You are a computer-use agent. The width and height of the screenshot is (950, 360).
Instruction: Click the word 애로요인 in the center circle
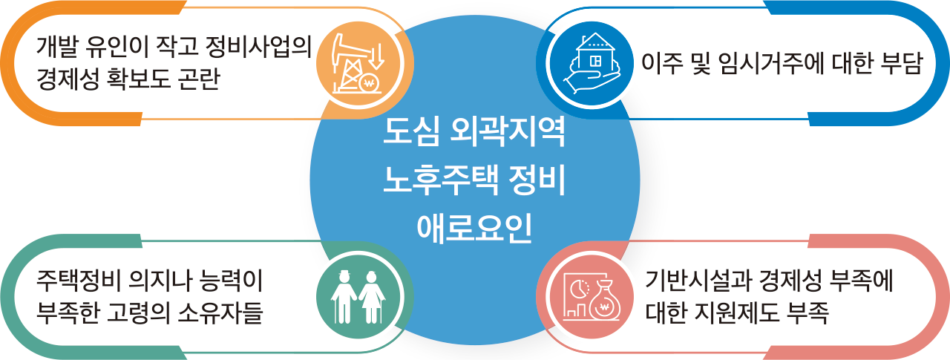tap(474, 229)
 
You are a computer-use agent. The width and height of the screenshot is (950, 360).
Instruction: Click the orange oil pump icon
tap(358, 65)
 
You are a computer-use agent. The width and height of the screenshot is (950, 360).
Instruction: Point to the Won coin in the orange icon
tap(369, 82)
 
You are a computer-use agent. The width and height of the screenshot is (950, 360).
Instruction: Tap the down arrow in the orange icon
tap(376, 56)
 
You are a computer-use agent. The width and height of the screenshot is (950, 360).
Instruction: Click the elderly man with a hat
tap(344, 297)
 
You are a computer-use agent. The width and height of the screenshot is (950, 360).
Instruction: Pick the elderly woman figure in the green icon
tap(372, 297)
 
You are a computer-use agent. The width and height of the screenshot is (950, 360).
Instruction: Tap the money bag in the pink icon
tap(604, 301)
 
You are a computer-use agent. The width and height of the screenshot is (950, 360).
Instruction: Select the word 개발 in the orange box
tap(57, 47)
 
